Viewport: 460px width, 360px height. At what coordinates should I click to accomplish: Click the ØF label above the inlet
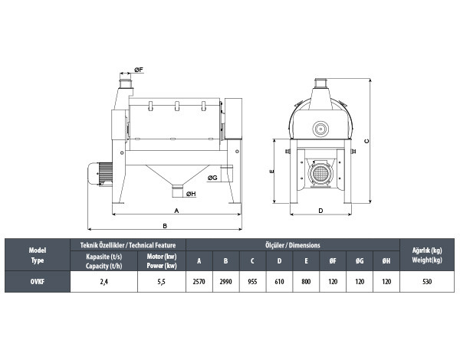click(139, 70)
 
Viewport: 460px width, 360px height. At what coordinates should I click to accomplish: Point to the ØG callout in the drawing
click(212, 178)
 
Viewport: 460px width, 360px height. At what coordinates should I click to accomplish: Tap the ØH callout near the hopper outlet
click(191, 194)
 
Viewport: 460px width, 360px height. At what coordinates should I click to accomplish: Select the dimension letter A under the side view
click(176, 211)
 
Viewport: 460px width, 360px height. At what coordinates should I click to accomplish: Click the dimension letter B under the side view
click(165, 226)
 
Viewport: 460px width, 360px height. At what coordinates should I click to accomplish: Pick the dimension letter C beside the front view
click(366, 141)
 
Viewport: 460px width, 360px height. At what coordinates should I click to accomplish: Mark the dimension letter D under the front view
click(320, 211)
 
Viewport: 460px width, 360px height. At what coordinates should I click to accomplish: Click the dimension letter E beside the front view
click(271, 172)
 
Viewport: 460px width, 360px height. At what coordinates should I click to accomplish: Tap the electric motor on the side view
click(100, 174)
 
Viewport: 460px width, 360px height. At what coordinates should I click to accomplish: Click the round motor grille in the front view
click(320, 174)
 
